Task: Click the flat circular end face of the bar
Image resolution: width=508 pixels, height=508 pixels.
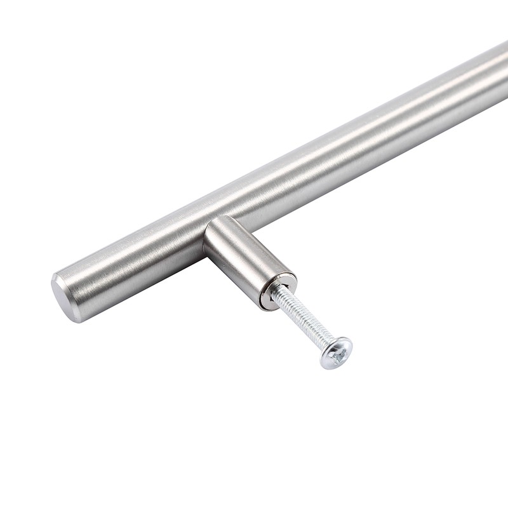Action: pyautogui.click(x=65, y=297)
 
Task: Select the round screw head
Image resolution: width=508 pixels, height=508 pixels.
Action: pyautogui.click(x=336, y=352)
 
